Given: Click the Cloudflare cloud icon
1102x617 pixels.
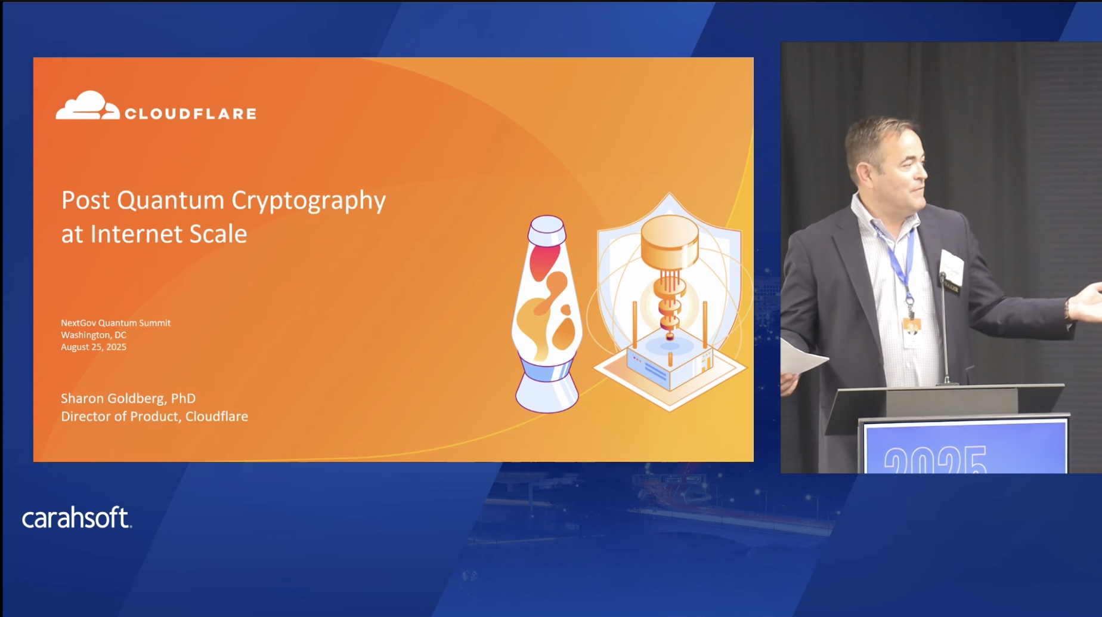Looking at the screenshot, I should tap(88, 106).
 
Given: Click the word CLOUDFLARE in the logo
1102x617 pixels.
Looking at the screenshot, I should tap(190, 114).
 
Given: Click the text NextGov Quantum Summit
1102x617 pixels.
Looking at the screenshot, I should tap(116, 323).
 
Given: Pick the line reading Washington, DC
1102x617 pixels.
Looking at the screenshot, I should tap(94, 335).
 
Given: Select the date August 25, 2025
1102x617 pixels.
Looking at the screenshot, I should tap(94, 347).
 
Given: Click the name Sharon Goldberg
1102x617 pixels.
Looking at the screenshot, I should tap(112, 398).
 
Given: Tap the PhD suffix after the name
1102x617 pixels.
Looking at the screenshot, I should tap(183, 398).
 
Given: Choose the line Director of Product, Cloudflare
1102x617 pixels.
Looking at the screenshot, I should tap(154, 417).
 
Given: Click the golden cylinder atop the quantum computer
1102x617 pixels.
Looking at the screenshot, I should tap(670, 240).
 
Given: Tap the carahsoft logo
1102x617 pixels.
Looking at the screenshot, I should tap(76, 517).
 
